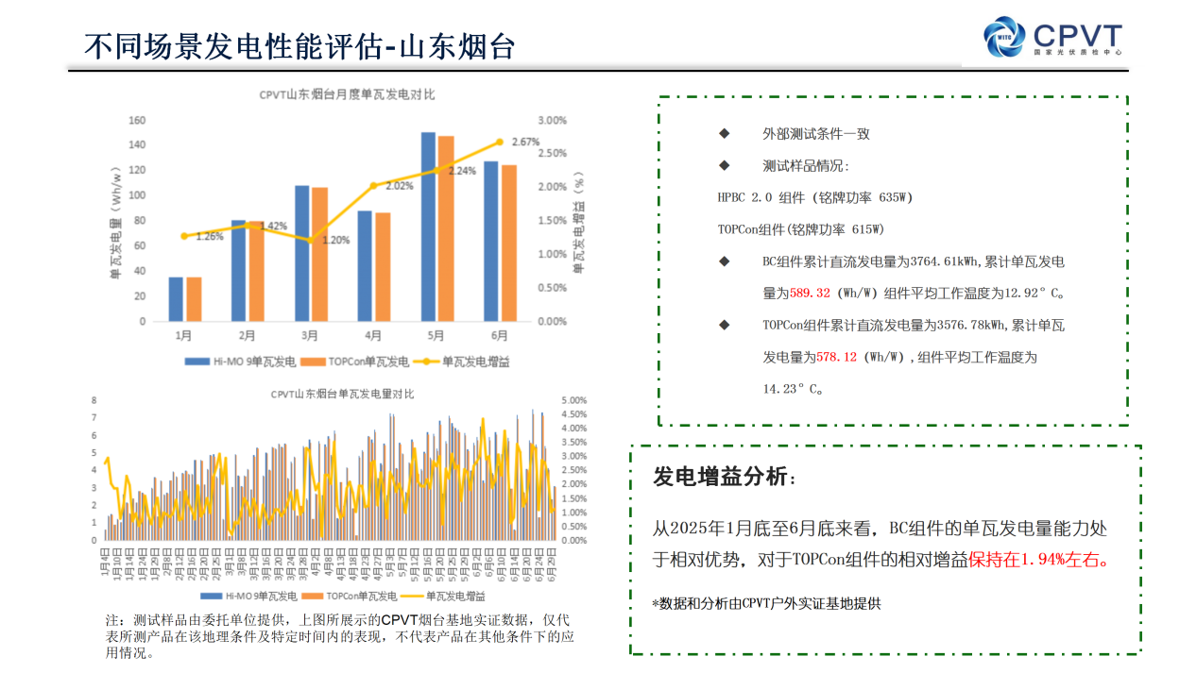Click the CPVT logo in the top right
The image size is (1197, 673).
(1052, 39)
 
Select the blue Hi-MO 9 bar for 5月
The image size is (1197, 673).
(428, 227)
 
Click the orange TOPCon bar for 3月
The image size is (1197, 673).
(319, 254)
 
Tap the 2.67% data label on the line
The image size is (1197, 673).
(525, 143)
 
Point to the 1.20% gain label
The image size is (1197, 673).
(335, 240)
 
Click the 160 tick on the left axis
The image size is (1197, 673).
(136, 120)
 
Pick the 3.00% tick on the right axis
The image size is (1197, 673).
(552, 120)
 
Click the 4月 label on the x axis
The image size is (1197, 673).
(373, 335)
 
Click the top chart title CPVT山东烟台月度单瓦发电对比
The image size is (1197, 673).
(347, 94)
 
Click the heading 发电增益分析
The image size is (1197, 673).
(724, 478)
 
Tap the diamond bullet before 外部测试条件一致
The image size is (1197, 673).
(725, 133)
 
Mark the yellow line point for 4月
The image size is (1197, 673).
(373, 185)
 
